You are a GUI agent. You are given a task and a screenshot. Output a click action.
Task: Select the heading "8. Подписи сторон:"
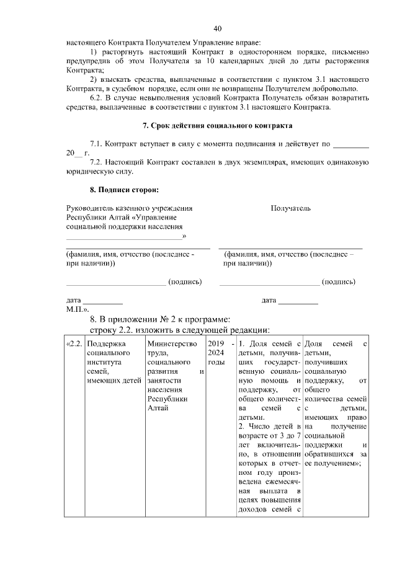pyautogui.click(x=124, y=189)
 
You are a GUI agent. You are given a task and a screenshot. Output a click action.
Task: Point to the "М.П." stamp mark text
pyautogui.click(x=78, y=308)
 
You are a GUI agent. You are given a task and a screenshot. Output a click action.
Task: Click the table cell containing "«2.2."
pyautogui.click(x=74, y=344)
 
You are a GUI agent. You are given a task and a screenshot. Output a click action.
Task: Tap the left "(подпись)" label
pyautogui.click(x=186, y=281)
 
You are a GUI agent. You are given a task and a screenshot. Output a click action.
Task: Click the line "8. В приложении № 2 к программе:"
pyautogui.click(x=160, y=319)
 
